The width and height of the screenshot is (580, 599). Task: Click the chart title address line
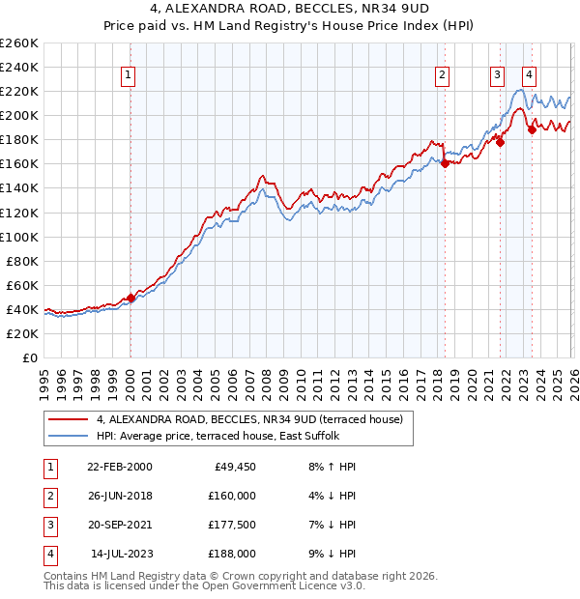coord(290,11)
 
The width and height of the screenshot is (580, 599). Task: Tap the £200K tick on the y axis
coord(18,115)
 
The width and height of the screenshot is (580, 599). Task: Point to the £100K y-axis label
coord(18,237)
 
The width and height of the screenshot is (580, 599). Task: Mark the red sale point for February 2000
coord(130,298)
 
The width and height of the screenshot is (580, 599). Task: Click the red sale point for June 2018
coord(445,163)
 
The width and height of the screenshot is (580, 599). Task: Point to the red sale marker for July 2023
coord(532,130)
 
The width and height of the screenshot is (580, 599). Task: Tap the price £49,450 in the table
coord(232,467)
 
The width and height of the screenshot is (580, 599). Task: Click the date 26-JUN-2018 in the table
coord(119,496)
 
